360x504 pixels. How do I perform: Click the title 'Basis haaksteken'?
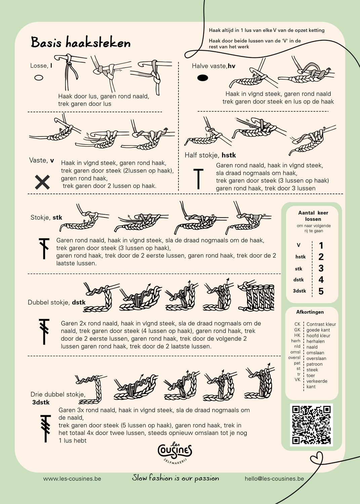pos(81,43)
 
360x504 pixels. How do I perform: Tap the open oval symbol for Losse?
pos(39,78)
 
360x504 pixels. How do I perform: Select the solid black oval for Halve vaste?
pos(202,78)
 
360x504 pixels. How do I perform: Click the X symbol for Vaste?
pos(42,182)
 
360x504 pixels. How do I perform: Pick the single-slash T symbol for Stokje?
pos(44,248)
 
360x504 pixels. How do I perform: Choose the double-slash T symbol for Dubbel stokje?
pos(44,331)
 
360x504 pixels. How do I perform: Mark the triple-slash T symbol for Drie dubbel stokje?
pos(45,428)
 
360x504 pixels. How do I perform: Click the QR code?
pos(311,425)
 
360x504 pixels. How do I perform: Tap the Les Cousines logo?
pos(175,452)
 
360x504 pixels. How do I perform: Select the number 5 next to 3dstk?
pos(321,291)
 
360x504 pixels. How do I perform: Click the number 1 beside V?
pos(321,246)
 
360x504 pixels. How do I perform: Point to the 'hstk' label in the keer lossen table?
pos(300,257)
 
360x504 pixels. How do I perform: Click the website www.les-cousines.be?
pos(72,478)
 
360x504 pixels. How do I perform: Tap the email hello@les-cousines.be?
pos(274,478)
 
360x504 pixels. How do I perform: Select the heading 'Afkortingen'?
pos(310,312)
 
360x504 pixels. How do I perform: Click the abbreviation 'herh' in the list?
pos(296,341)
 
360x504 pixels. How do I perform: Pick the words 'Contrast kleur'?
pos(321,324)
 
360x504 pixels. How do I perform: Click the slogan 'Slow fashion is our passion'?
pos(175,478)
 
